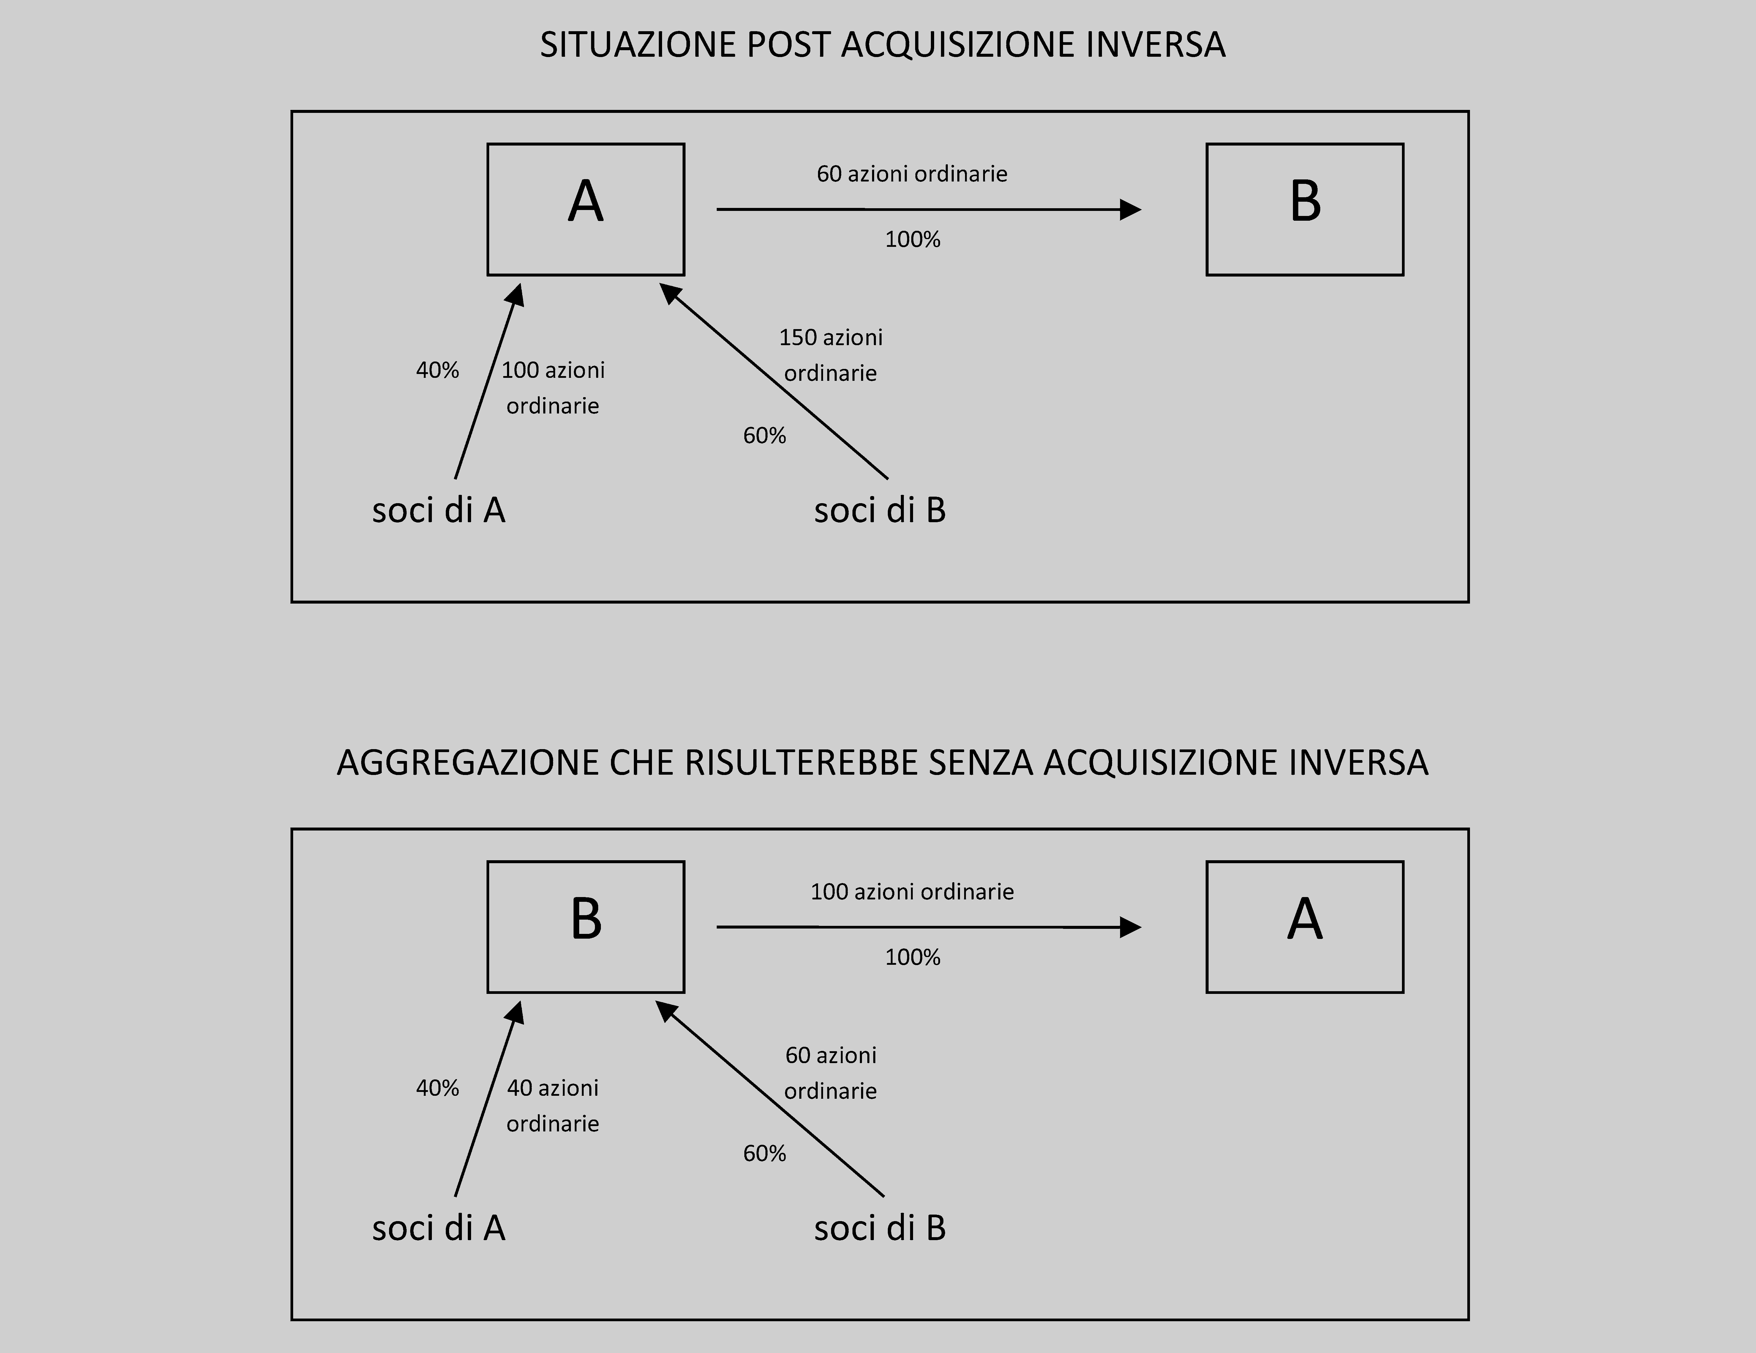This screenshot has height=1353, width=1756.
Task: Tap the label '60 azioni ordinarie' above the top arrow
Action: coord(912,174)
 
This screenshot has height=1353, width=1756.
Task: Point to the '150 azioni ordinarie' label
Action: coord(830,355)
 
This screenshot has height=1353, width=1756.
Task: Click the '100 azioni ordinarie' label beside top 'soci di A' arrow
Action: coord(553,388)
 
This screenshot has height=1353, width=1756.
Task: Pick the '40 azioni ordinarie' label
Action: coord(553,1105)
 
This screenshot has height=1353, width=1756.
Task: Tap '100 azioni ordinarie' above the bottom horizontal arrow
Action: coord(912,891)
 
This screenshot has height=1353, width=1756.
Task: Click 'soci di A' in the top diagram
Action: coord(438,510)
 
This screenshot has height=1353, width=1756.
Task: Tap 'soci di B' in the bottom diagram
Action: coord(879,1228)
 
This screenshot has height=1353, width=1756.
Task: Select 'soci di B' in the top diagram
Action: coord(879,510)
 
